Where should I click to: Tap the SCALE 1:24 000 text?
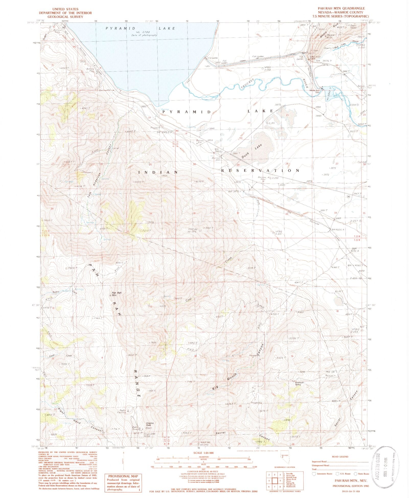204,453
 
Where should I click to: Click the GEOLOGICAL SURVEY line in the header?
65,17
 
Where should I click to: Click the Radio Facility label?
123,411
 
